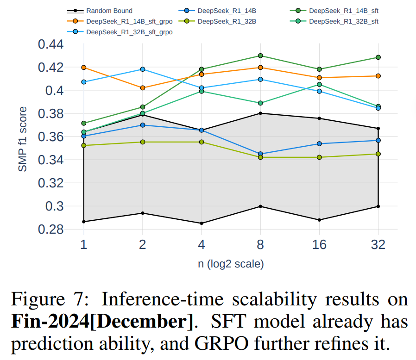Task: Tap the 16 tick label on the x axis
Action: coord(319,244)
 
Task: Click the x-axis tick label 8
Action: coord(260,244)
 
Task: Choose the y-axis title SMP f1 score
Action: coord(23,139)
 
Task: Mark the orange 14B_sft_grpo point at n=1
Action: coord(84,68)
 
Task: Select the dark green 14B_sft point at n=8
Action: coord(260,56)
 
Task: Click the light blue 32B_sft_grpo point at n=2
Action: coord(142,69)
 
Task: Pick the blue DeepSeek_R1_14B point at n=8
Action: coord(260,154)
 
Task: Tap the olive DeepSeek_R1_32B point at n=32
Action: coord(378,154)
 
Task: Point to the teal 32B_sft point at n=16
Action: coord(319,85)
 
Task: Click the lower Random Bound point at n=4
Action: coord(202,223)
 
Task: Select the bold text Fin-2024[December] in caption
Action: coord(101,321)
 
